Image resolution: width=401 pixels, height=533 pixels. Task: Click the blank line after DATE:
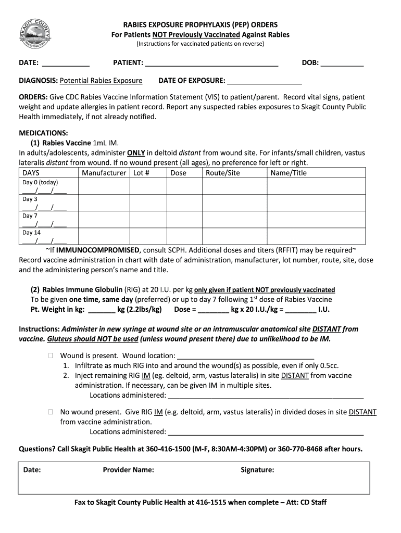pos(66,66)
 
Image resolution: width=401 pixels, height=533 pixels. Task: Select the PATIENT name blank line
pos(211,66)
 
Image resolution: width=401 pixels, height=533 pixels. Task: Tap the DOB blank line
pos(342,66)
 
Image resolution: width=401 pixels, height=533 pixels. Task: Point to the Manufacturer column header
pos(104,173)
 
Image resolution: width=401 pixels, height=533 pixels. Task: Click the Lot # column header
pos(142,173)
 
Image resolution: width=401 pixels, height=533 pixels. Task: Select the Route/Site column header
pos(223,173)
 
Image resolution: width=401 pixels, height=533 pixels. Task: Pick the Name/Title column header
pos(289,173)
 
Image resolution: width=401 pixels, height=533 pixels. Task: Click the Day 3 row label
pos(30,199)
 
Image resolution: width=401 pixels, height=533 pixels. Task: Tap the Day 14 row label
pos(31,233)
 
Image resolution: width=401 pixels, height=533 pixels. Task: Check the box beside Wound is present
pos(51,356)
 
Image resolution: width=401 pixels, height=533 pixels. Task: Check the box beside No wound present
pos(51,412)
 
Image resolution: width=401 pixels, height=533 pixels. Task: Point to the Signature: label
pos(257,470)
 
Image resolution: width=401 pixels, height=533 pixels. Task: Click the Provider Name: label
pos(128,470)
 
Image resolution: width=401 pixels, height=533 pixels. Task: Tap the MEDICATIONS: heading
pos(43,133)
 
